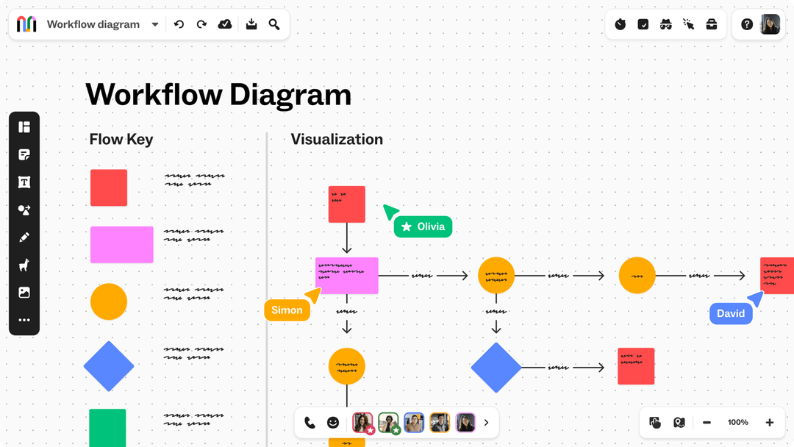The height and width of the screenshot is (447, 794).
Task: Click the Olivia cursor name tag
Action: click(423, 226)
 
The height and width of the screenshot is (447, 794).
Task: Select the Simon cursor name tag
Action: click(287, 310)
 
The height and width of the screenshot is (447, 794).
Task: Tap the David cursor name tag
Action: click(731, 313)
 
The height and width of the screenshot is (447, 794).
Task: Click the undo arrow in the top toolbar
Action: click(179, 24)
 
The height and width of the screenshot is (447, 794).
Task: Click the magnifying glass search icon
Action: click(274, 24)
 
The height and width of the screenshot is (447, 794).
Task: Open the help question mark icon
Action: click(747, 24)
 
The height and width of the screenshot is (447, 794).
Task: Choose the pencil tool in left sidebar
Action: click(24, 237)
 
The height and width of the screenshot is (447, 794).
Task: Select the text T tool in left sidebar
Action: click(24, 182)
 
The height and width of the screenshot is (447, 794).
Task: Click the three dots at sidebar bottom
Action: click(24, 320)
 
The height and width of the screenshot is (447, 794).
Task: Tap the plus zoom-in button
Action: click(770, 422)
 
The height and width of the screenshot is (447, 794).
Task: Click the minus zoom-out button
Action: click(707, 422)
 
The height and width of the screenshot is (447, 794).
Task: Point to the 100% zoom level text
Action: click(738, 422)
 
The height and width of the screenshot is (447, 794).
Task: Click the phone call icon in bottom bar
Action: click(310, 423)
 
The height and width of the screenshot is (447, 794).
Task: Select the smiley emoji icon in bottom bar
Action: click(333, 423)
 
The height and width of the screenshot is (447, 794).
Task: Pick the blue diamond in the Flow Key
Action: click(109, 366)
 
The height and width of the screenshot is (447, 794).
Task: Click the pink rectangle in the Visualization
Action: click(347, 276)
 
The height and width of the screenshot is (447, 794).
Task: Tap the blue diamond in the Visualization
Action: click(496, 367)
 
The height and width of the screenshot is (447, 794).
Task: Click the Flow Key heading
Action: click(121, 140)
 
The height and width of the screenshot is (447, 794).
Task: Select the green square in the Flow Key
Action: click(107, 427)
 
